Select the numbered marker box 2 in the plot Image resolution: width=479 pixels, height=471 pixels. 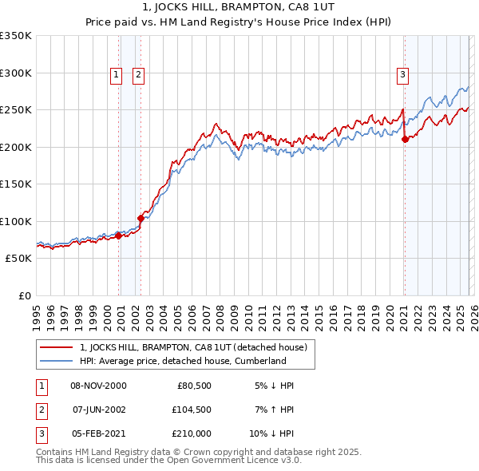click(x=138, y=75)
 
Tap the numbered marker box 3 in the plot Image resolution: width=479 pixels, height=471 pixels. click(x=402, y=75)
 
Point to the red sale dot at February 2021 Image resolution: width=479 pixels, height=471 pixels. click(x=405, y=139)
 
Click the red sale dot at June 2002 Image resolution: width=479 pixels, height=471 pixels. click(x=141, y=217)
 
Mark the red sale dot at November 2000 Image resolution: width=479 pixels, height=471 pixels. click(x=119, y=235)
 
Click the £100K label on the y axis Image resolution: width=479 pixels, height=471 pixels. click(x=16, y=221)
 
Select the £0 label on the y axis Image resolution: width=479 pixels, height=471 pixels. click(x=24, y=296)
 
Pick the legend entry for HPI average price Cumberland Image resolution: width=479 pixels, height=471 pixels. click(x=183, y=361)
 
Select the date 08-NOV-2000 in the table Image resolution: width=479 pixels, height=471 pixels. click(x=98, y=386)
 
